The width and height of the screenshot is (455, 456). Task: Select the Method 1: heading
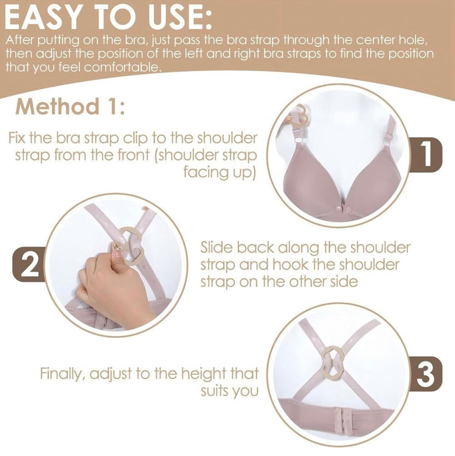point(70,107)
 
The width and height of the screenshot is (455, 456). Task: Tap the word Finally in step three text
point(62,374)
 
